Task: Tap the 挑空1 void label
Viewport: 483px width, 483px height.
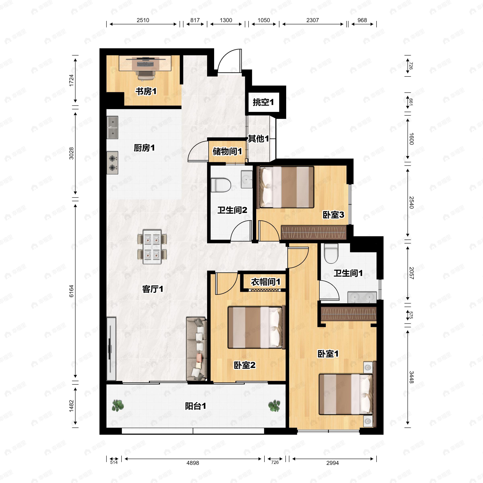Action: click(263, 102)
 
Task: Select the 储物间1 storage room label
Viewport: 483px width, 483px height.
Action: click(227, 151)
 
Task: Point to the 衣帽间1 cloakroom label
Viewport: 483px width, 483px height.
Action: click(266, 282)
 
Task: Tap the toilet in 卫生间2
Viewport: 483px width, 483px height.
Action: click(221, 185)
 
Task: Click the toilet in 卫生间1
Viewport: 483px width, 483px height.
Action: click(331, 254)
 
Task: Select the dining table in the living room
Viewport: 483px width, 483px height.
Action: click(152, 247)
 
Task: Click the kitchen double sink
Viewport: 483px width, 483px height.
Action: click(112, 128)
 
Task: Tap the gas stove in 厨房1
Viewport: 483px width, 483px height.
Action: click(112, 163)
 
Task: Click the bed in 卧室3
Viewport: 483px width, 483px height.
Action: click(287, 187)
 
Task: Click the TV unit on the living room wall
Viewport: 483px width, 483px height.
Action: click(111, 349)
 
